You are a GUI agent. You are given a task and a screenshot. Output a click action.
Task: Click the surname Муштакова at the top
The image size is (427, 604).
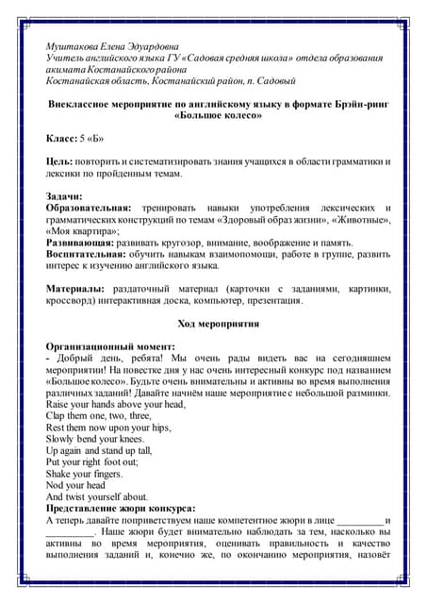tap(70, 45)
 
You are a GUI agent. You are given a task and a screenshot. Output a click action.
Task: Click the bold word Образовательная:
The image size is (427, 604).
tap(90, 208)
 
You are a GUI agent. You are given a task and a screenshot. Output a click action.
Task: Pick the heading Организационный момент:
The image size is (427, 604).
tap(109, 346)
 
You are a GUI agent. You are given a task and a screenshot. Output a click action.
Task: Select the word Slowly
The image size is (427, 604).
tap(61, 439)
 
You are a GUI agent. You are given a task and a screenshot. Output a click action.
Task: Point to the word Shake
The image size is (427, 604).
tap(59, 474)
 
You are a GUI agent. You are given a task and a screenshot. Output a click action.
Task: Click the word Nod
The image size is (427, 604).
tap(56, 485)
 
